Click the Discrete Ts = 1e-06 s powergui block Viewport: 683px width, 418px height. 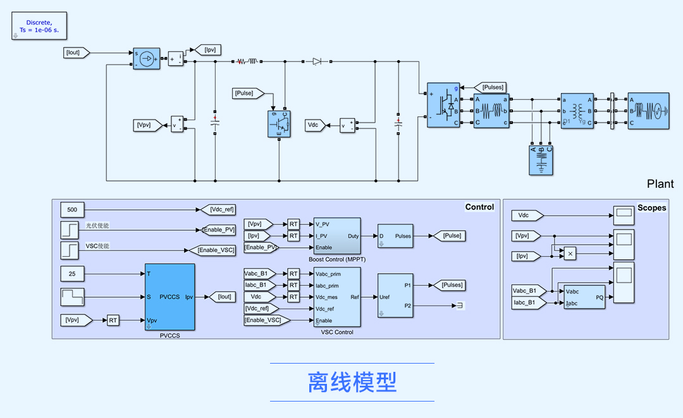39,27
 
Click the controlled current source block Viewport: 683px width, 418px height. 146,59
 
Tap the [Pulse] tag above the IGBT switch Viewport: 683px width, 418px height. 245,94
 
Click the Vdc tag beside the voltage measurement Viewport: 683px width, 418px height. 314,125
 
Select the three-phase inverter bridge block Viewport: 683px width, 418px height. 443,105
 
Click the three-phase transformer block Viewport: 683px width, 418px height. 577,111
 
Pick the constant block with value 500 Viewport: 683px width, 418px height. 72,209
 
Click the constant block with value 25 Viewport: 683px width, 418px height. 72,274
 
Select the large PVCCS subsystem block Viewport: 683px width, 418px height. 169,297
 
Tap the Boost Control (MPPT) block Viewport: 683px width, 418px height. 336,236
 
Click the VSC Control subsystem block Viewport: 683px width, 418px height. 336,297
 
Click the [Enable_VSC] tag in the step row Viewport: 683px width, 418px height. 212,250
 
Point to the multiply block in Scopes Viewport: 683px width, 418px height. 570,253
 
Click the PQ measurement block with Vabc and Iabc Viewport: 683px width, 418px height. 584,296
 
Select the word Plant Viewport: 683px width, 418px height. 660,184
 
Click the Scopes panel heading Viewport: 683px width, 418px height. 651,207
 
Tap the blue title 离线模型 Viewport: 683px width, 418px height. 352,382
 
